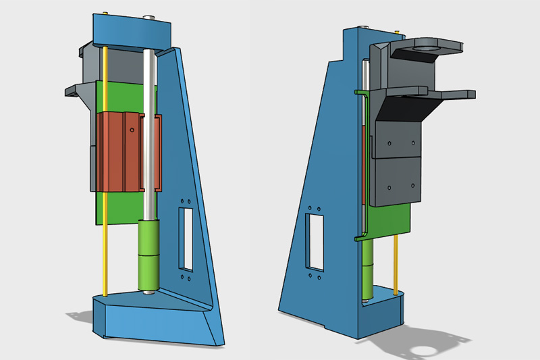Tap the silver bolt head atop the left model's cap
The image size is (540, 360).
[148, 13]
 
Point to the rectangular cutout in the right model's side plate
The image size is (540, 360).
[316, 240]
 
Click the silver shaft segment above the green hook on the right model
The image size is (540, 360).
[362, 74]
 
